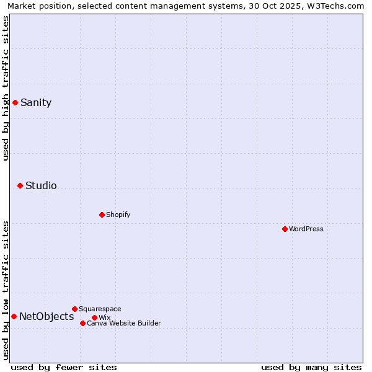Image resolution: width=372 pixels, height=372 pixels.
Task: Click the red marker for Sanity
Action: tap(15, 102)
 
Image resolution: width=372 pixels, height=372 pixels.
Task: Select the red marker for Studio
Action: tap(20, 185)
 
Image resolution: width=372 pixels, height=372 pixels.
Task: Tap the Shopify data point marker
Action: tap(102, 215)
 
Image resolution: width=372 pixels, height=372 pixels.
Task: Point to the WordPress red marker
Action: tap(285, 229)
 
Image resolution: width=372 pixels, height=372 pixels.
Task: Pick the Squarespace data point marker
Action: tap(74, 309)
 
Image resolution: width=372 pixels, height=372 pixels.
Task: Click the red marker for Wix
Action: tap(94, 317)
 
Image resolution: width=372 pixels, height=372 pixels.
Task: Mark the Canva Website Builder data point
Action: tap(82, 323)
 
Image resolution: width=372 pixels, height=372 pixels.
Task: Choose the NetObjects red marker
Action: tap(14, 316)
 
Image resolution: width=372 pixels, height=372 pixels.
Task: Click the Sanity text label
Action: tap(36, 103)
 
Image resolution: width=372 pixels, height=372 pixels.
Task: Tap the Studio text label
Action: tap(41, 186)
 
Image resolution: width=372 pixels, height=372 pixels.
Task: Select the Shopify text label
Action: tap(118, 215)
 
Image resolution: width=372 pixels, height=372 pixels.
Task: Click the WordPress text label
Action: tap(306, 229)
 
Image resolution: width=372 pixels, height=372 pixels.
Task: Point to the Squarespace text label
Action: tap(100, 309)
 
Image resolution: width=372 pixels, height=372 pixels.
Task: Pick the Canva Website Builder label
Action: tap(123, 323)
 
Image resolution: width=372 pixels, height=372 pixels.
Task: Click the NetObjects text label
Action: tap(46, 317)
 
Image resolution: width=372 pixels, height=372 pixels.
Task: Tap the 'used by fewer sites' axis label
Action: tap(64, 367)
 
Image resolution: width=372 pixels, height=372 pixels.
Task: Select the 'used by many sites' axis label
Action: tap(311, 367)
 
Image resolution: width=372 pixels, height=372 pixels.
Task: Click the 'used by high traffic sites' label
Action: tap(6, 88)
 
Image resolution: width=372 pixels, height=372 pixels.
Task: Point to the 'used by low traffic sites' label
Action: tap(6, 290)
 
